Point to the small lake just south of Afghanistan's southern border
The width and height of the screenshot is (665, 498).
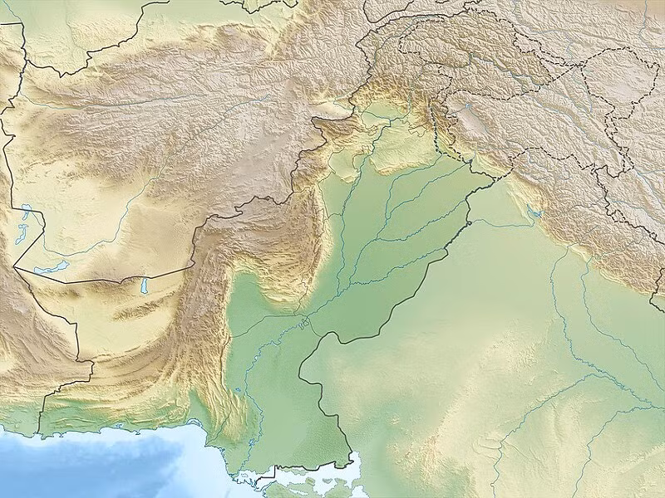143,286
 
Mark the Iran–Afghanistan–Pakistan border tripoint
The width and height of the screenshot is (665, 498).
14,267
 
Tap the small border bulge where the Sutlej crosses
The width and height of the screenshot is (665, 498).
469,222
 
